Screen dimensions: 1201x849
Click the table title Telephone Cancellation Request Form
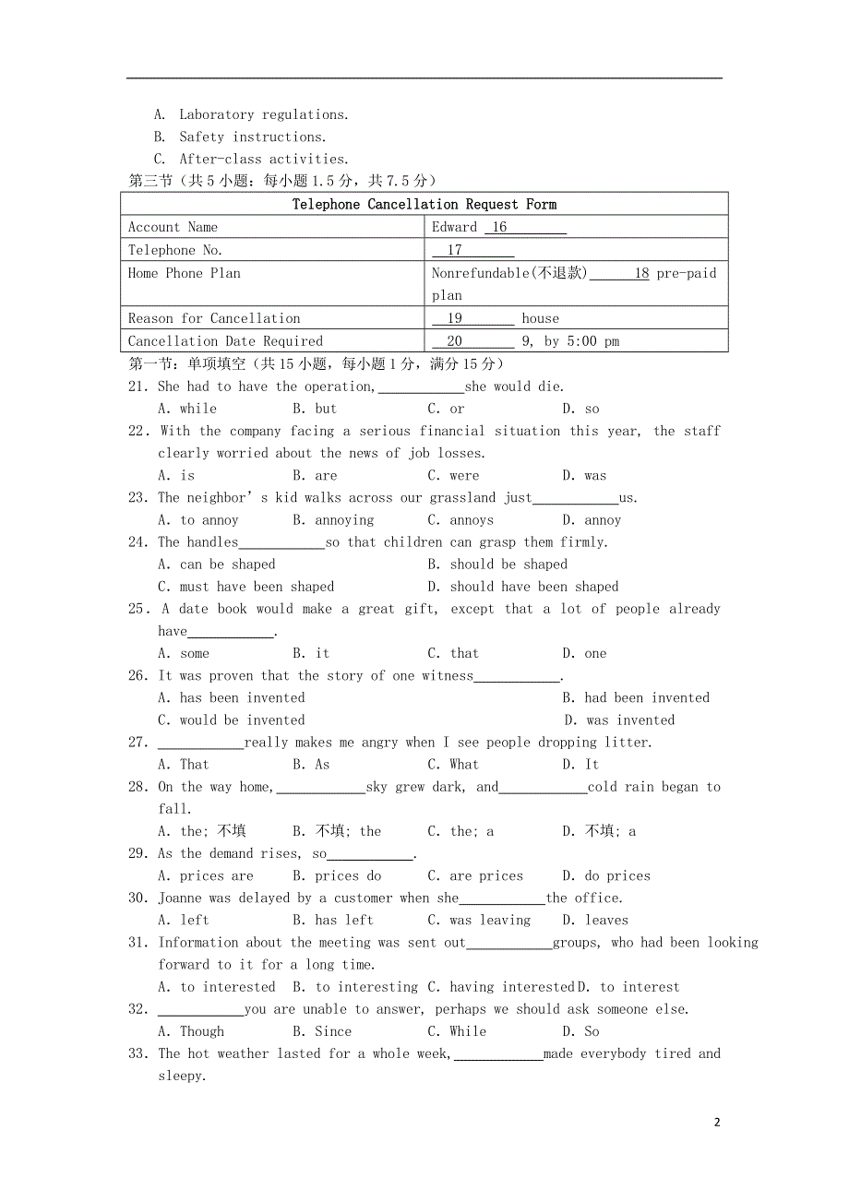pos(424,204)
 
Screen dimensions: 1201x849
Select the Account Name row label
pos(173,227)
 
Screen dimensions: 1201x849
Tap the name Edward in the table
pos(454,227)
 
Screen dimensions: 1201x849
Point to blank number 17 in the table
pos(454,250)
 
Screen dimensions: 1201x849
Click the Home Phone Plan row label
pos(185,273)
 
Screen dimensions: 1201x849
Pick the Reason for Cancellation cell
pos(214,318)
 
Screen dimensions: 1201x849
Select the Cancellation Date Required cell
pos(225,341)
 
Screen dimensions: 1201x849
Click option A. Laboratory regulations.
pos(251,114)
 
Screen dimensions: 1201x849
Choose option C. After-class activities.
pos(251,159)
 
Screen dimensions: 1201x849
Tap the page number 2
pos(717,1123)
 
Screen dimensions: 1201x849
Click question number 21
pos(138,386)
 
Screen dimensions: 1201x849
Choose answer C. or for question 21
pos(446,409)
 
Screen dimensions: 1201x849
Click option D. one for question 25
pos(584,653)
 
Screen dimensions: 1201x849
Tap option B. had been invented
pos(636,698)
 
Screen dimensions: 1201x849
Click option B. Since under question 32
pos(322,1031)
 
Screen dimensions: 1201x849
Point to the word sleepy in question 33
pos(180,1076)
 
